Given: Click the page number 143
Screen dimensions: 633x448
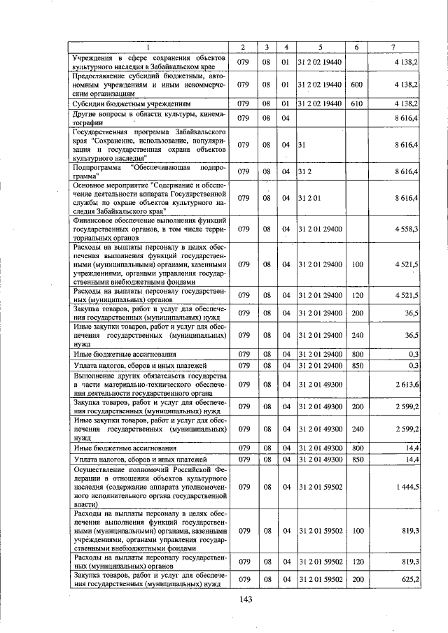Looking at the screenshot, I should (x=244, y=599).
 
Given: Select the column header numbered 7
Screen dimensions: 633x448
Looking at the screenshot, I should (x=393, y=47).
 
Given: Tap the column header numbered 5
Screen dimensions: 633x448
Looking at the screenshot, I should (x=320, y=47).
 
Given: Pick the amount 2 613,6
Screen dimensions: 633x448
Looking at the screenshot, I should (x=407, y=385).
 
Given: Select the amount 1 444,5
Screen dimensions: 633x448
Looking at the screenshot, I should (x=407, y=485).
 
